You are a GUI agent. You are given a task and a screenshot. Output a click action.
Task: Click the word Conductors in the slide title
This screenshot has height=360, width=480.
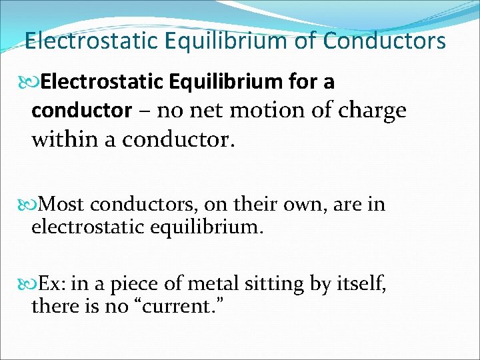384,41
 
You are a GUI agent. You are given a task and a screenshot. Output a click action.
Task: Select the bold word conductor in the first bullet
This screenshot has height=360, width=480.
81,110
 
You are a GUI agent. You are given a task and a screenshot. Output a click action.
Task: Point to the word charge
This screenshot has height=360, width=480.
373,111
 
